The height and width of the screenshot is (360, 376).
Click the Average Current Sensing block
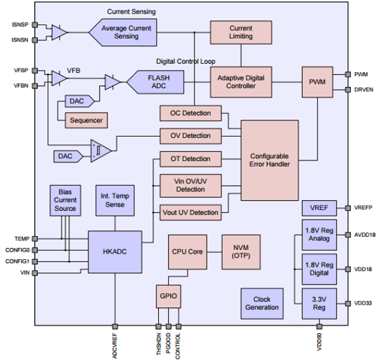coord(126,32)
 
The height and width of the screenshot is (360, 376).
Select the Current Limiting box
coord(241,32)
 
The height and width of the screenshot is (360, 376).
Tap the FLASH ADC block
coord(159,82)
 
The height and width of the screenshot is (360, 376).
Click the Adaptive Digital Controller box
coord(241,82)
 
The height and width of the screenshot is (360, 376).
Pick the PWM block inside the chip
coord(317,82)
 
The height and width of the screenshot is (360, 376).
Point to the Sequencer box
coord(86,120)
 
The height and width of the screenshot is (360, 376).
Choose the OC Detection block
coord(191,113)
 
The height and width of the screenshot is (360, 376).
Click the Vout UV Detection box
coord(191,213)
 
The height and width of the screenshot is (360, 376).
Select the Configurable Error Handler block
coord(269,160)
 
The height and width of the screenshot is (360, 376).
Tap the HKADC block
coord(115,252)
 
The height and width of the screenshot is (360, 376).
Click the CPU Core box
coord(187,252)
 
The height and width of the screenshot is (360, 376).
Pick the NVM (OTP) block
coord(241,252)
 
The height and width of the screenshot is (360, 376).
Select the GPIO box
coord(168,296)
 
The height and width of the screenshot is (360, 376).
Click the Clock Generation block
coord(262,303)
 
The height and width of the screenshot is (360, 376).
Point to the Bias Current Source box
coord(65,200)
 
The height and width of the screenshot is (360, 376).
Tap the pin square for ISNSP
coord(35,25)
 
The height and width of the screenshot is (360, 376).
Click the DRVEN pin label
coord(363,90)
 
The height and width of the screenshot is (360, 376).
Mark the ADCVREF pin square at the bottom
coord(115,326)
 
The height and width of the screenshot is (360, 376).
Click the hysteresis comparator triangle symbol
coord(100,151)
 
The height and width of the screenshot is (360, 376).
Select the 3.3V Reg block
coord(319,303)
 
